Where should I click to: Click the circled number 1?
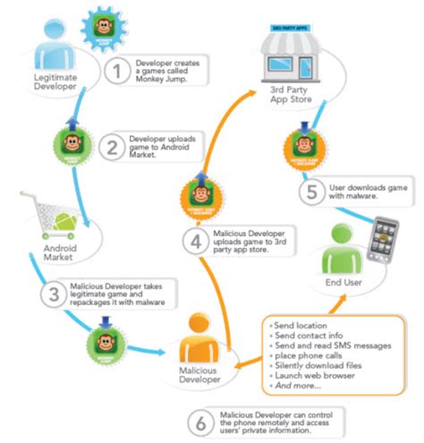pyautogui.click(x=116, y=71)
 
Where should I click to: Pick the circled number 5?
pyautogui.click(x=309, y=189)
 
